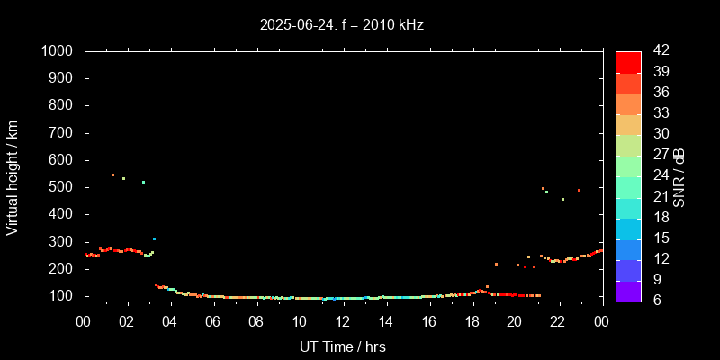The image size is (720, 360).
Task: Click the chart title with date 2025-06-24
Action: point(341,25)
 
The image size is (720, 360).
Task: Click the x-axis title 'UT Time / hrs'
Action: point(342,346)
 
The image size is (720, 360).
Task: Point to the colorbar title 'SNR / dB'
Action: point(679,176)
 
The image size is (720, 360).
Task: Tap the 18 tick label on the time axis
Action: point(472,321)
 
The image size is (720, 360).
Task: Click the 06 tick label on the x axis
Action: point(213,321)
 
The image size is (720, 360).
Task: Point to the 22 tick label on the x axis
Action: point(558,321)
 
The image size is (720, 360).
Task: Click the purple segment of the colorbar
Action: point(628,290)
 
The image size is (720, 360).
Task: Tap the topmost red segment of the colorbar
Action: point(628,61)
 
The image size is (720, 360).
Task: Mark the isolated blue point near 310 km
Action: point(154,238)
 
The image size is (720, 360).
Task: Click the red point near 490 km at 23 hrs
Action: point(579,190)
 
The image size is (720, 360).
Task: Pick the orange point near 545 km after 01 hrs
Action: point(112,175)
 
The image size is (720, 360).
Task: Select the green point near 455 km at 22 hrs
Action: point(562,199)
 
